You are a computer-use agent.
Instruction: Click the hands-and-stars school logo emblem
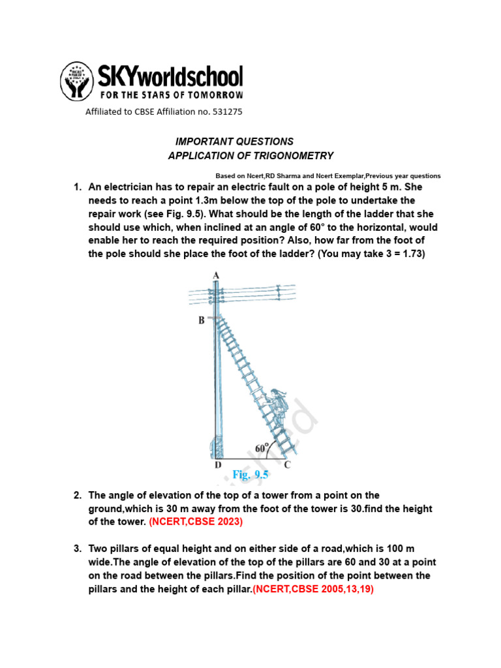(x=77, y=82)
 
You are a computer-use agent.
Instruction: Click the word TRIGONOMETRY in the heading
(x=297, y=156)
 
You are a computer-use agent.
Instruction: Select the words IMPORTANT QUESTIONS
(x=234, y=142)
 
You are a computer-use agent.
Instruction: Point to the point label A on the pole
(x=216, y=275)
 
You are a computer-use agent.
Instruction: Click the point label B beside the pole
(x=202, y=320)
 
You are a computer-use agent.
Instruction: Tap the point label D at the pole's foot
(x=218, y=465)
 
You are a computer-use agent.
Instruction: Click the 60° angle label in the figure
(x=262, y=448)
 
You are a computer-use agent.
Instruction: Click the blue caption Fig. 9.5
(x=250, y=476)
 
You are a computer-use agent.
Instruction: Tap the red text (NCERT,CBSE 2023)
(x=196, y=522)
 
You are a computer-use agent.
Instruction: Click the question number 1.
(x=77, y=187)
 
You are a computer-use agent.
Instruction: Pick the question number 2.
(x=77, y=495)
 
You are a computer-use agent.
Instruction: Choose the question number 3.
(x=77, y=549)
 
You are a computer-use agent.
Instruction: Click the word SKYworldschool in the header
(x=170, y=76)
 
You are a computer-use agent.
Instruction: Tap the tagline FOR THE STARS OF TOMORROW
(x=170, y=95)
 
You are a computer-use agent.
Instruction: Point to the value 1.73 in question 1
(x=410, y=254)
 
